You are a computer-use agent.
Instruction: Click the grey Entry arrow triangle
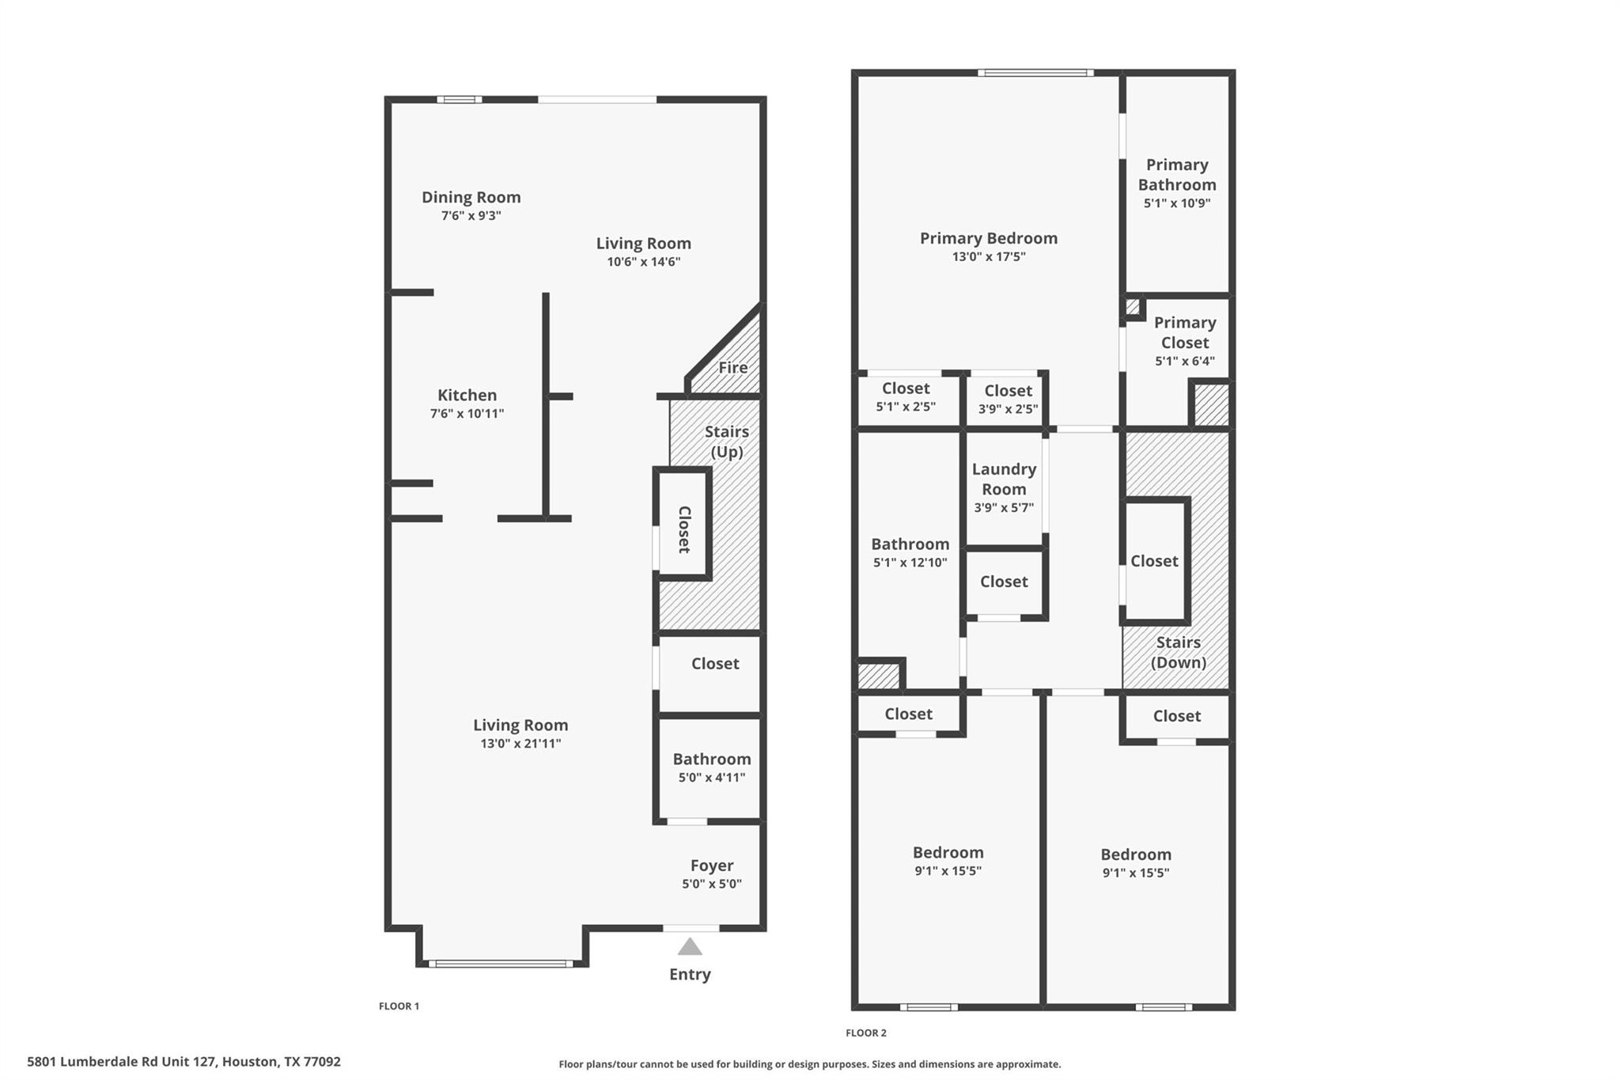tap(690, 946)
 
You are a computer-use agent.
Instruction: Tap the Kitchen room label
tap(467, 395)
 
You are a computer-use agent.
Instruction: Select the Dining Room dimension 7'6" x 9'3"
tap(471, 215)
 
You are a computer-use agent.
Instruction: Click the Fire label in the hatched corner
tap(732, 367)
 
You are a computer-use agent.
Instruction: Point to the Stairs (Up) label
tap(726, 441)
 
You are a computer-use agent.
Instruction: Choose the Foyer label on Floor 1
tap(711, 865)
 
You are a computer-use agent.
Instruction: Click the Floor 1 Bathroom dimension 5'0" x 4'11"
tap(711, 777)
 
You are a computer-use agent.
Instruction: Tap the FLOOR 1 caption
tap(399, 1006)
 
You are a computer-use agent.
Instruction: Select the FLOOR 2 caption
tap(865, 1033)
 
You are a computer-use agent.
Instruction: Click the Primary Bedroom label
tap(988, 238)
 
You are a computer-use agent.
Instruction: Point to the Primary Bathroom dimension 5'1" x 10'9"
tap(1176, 203)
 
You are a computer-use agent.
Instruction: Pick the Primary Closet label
tap(1184, 332)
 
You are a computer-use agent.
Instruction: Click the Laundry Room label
tap(1004, 479)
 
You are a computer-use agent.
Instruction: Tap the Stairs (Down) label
tap(1178, 652)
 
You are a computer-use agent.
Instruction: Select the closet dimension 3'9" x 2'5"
tap(1008, 409)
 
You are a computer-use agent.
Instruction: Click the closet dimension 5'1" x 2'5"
tap(905, 407)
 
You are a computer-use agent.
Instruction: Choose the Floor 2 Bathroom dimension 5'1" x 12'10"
tap(910, 563)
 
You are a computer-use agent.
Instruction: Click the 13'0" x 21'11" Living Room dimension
tap(520, 743)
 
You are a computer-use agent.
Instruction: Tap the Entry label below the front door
tap(690, 974)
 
